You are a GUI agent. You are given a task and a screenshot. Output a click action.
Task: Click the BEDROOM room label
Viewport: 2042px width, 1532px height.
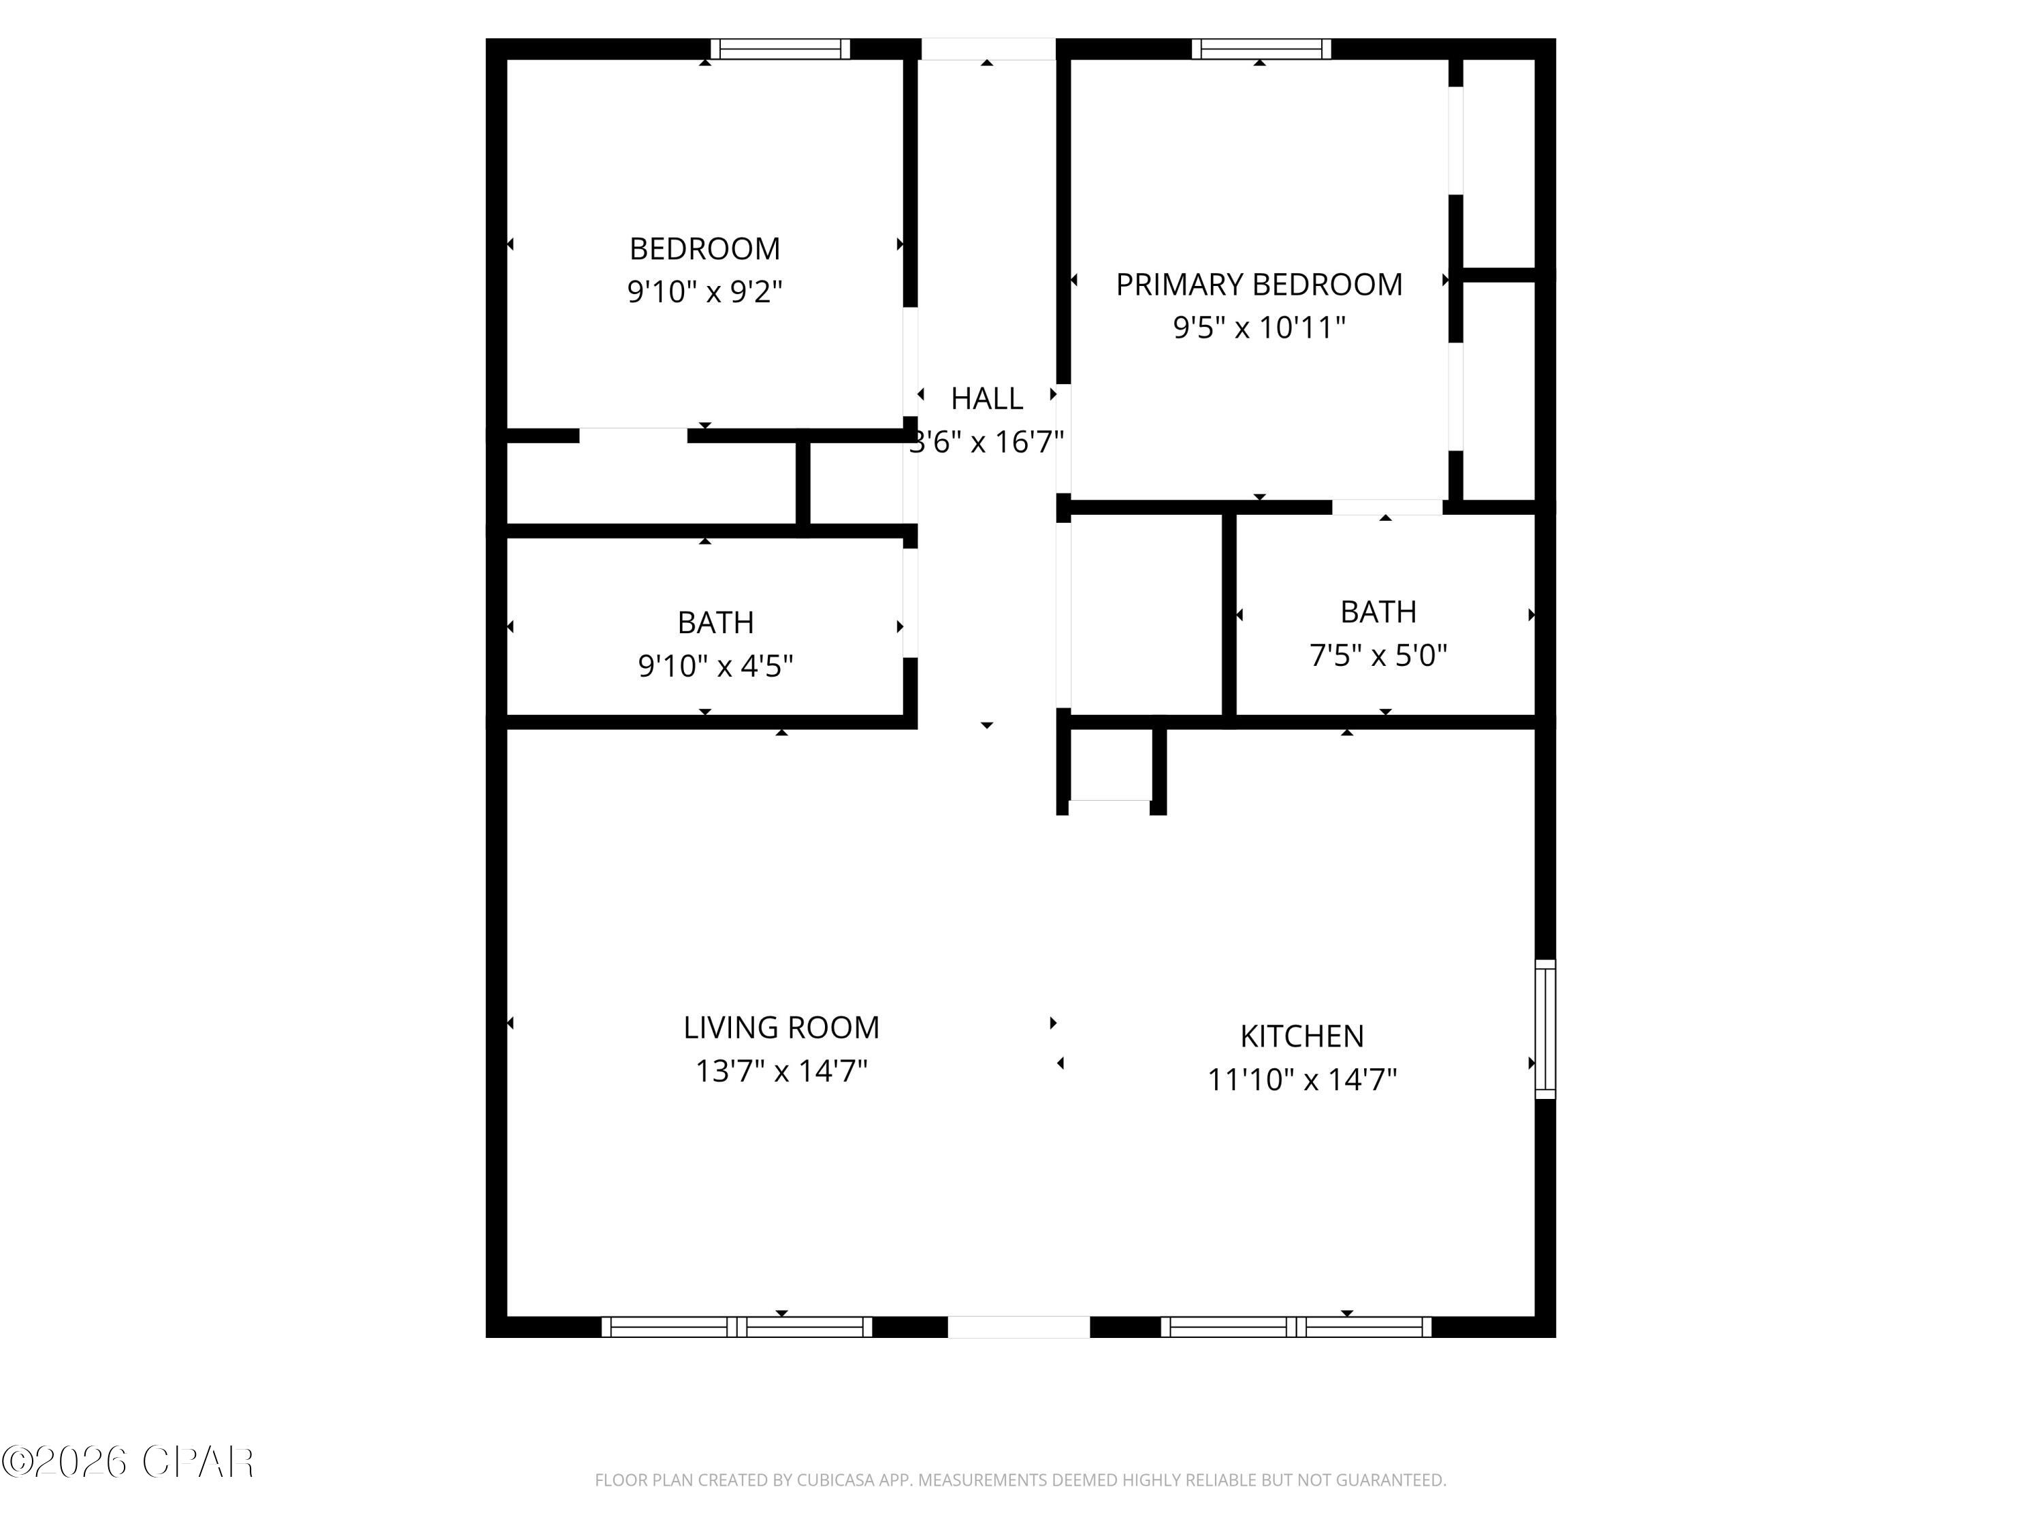tap(704, 249)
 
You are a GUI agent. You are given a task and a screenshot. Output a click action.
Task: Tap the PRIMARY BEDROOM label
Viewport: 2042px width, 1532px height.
tap(1259, 285)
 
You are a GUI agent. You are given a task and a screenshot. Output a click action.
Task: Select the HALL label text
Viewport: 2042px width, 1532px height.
tap(986, 399)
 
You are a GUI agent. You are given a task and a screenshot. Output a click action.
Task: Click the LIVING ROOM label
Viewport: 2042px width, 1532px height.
tap(781, 1027)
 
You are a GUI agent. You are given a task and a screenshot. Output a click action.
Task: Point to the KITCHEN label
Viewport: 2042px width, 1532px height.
tap(1301, 1036)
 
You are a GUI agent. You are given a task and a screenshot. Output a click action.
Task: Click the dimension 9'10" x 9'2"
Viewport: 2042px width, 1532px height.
tap(704, 292)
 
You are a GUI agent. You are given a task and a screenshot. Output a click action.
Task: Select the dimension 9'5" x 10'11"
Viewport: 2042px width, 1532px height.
tap(1259, 328)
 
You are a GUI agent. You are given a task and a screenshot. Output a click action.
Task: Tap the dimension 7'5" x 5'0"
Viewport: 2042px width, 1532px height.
tap(1378, 656)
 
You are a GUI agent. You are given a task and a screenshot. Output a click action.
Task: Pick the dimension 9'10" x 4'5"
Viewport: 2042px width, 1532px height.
tap(715, 666)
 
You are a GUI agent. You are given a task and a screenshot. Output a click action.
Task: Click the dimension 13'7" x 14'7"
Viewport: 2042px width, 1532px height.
tap(781, 1071)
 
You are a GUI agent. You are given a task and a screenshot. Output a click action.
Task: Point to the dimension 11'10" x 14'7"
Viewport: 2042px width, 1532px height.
tap(1301, 1079)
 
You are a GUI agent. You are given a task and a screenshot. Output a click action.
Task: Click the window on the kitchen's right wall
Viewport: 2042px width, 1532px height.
tap(1544, 1029)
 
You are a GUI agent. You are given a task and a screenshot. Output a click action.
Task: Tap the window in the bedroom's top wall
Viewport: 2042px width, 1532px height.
tap(780, 49)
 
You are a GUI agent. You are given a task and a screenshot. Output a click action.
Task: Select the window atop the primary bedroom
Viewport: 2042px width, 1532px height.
tap(1261, 49)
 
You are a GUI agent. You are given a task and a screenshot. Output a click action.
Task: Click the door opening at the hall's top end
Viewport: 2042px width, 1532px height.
tap(988, 49)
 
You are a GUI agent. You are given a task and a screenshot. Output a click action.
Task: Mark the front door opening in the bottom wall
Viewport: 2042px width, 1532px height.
tap(1018, 1326)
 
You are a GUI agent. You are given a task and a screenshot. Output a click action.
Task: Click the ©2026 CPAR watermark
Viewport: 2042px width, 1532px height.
tap(127, 1462)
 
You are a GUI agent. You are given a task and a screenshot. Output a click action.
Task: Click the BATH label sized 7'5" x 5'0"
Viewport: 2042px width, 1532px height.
tap(1378, 611)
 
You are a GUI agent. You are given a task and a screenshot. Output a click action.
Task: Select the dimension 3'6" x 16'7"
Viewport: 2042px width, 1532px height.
tap(986, 443)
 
